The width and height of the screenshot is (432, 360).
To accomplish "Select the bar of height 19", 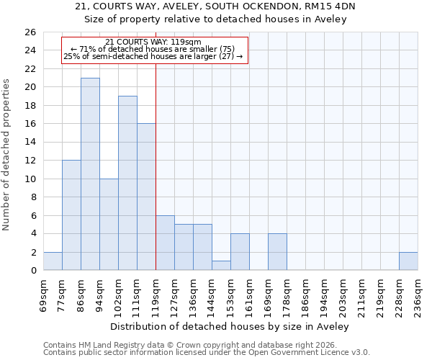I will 127,183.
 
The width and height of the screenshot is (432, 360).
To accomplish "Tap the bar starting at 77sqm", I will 71,215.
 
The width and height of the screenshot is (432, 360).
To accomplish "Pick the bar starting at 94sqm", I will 109,225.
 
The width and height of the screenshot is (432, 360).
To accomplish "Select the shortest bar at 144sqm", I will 221,266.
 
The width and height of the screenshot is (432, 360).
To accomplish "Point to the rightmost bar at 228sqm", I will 408,261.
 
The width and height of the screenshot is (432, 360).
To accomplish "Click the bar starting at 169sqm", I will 277,252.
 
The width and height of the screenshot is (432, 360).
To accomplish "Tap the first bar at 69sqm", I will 53,261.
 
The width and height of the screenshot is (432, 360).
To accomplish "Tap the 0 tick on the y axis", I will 33,271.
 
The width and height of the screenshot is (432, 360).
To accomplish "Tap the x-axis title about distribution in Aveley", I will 230,326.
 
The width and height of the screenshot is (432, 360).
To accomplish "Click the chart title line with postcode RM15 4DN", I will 216,6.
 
